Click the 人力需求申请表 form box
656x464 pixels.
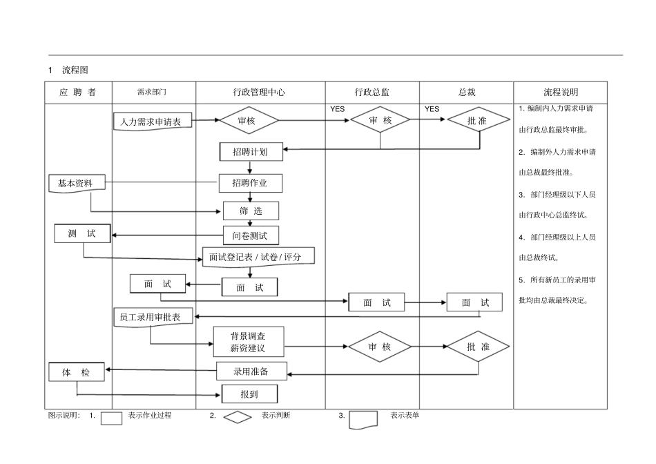tap(152, 122)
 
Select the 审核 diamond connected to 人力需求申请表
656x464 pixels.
tap(249, 120)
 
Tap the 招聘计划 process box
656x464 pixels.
tap(251, 152)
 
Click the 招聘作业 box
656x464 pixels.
tap(251, 183)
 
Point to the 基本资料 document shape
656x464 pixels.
tap(77, 184)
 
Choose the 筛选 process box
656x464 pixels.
tap(251, 211)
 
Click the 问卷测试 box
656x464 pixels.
tap(251, 235)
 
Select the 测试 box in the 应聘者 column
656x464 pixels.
tap(82, 234)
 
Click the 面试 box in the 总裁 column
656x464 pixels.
tap(475, 302)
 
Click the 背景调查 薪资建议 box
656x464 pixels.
tap(248, 342)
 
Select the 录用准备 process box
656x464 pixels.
tap(251, 371)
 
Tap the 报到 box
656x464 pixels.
tap(249, 394)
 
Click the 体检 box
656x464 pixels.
tap(77, 372)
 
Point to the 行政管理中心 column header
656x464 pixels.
tap(260, 92)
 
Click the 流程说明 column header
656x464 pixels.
tap(560, 92)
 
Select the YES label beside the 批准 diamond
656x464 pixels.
tap(432, 109)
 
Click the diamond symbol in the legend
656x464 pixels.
tap(238, 417)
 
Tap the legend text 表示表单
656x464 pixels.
tap(404, 416)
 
